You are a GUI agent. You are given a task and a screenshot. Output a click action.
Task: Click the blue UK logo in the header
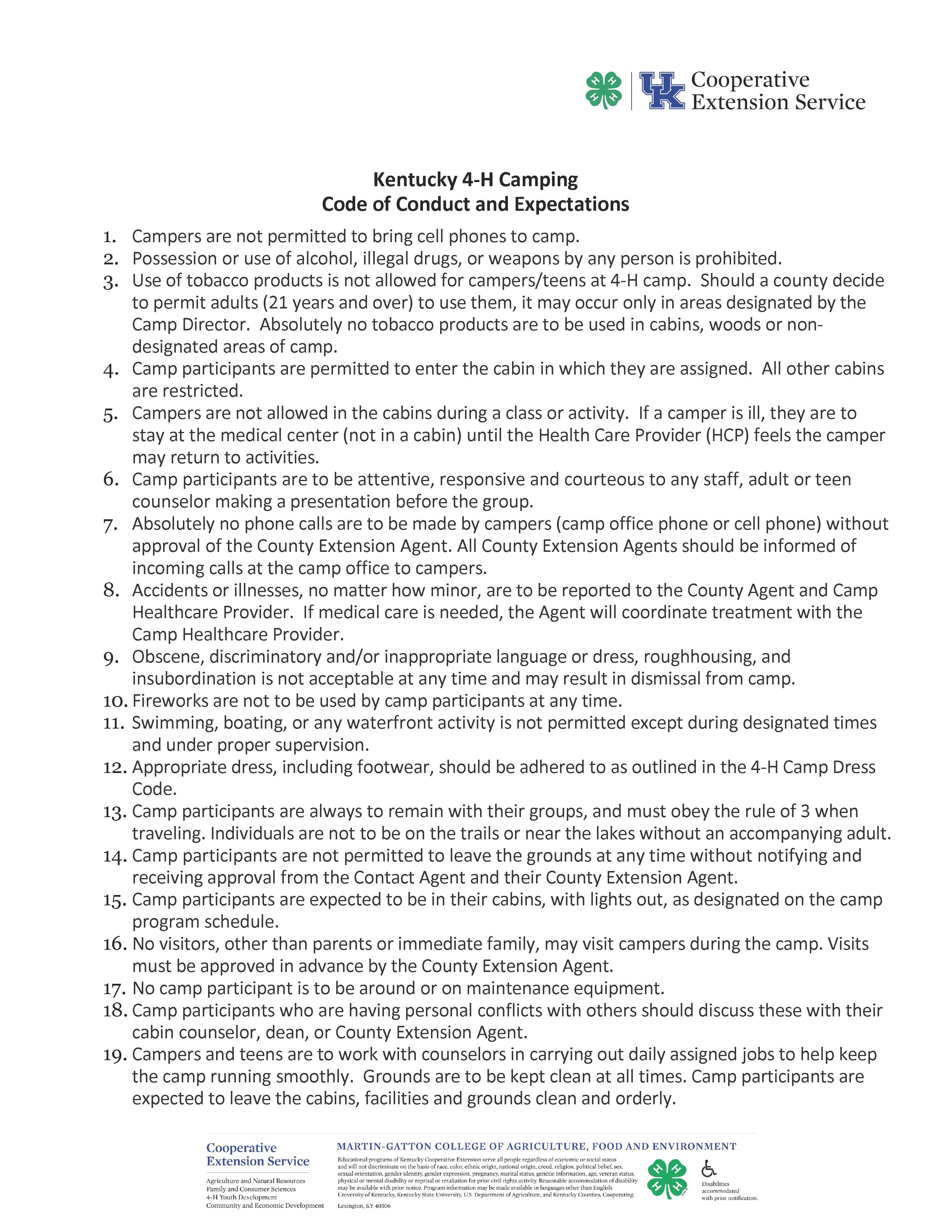pyautogui.click(x=662, y=91)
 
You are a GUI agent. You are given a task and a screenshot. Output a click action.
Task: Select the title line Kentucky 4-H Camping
pyautogui.click(x=475, y=180)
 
